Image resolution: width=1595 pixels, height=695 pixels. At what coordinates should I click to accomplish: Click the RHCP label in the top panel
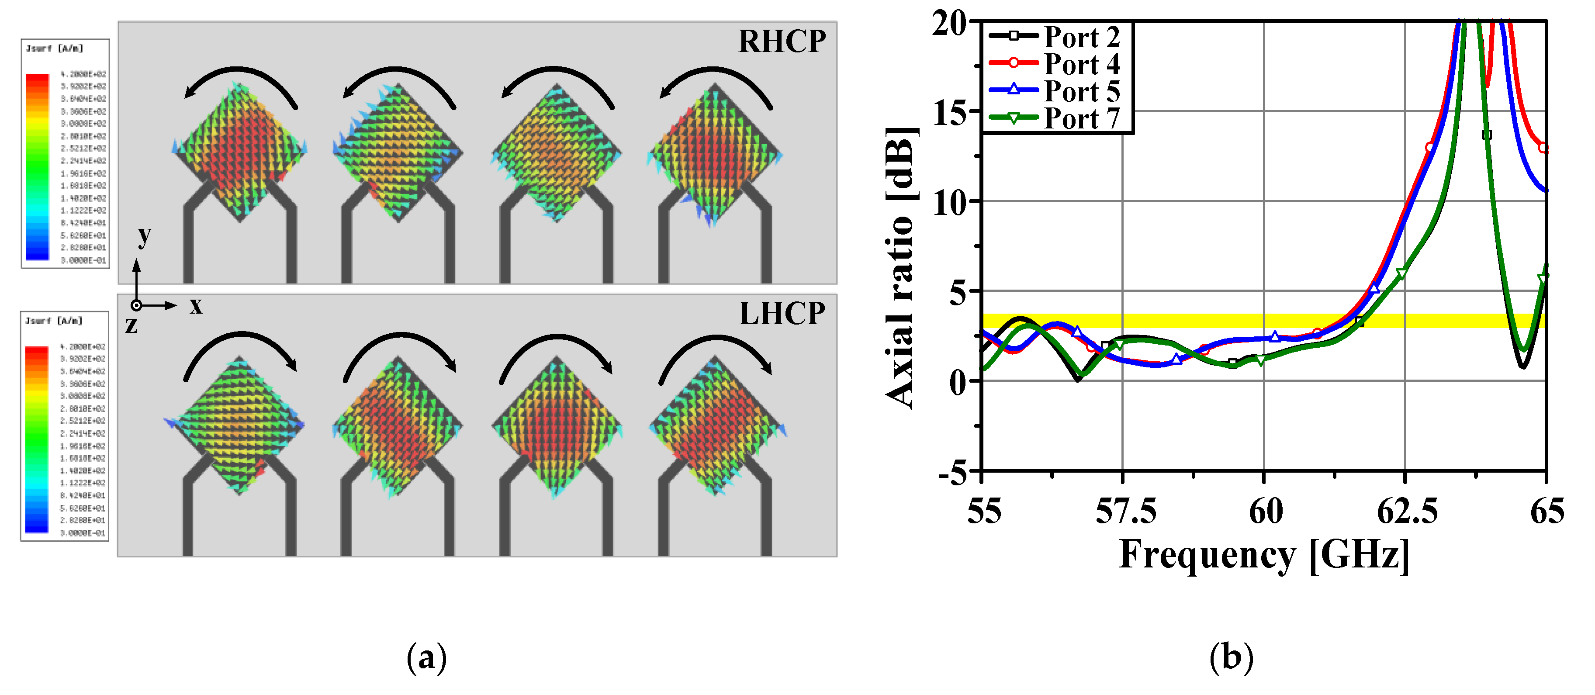coord(782,41)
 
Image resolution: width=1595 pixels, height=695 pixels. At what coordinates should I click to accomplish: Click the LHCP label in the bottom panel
coord(782,313)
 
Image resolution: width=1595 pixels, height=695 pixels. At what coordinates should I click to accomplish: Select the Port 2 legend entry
coord(1081,37)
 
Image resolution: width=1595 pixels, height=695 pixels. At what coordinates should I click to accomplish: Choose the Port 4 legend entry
coord(1081,64)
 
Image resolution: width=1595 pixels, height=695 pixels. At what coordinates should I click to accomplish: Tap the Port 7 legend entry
coord(1081,118)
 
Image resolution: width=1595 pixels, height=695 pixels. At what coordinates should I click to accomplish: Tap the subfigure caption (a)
coord(427,657)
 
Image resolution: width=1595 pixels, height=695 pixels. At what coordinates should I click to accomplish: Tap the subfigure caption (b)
coord(1232,657)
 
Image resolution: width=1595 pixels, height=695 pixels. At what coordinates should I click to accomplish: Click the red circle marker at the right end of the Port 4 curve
coord(1543,148)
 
